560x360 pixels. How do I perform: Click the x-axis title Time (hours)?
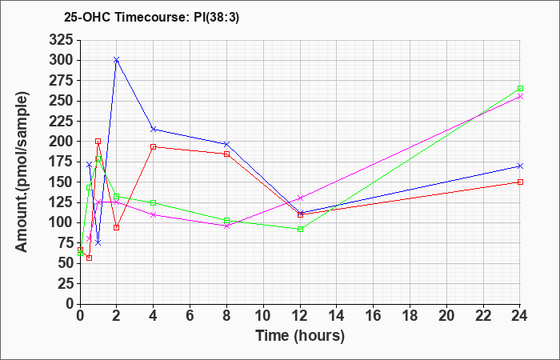[300, 335]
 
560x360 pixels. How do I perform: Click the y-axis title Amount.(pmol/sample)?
[23, 172]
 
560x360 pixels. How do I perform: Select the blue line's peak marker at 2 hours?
[116, 60]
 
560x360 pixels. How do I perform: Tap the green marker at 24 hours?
[520, 89]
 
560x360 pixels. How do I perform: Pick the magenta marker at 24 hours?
[520, 97]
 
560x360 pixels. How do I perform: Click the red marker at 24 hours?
[520, 182]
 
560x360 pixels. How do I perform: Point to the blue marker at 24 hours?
[520, 166]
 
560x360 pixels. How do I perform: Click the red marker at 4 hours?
[153, 147]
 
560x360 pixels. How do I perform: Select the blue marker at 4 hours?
[153, 129]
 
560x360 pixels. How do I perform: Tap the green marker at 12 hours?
[300, 230]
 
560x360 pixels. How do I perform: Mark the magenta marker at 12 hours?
[300, 198]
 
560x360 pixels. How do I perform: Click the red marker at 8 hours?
[226, 154]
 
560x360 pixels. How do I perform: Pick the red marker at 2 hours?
[116, 227]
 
